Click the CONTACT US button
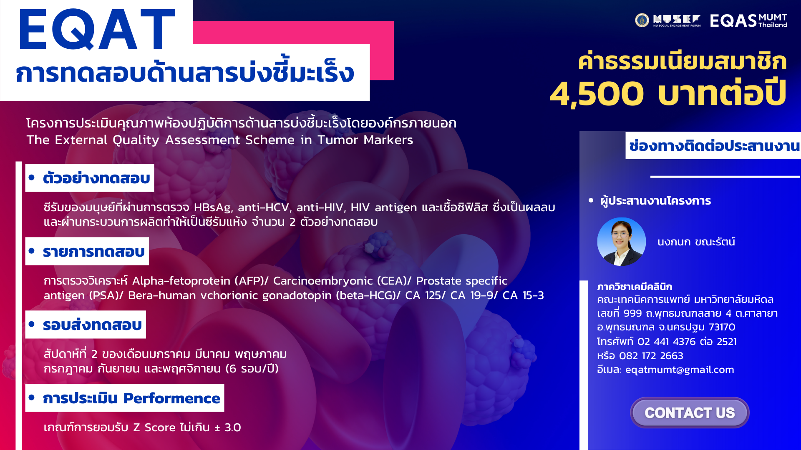pyautogui.click(x=690, y=412)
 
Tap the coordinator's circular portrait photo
pyautogui.click(x=621, y=242)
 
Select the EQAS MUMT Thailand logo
pyautogui.click(x=748, y=20)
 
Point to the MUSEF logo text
pyautogui.click(x=677, y=20)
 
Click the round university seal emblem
pyautogui.click(x=642, y=20)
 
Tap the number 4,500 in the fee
pyautogui.click(x=597, y=93)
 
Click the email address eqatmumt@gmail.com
pyautogui.click(x=680, y=370)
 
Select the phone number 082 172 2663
pyautogui.click(x=651, y=356)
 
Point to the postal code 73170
pyautogui.click(x=722, y=327)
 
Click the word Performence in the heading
pyautogui.click(x=172, y=398)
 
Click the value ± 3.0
pyautogui.click(x=228, y=427)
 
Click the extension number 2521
pyautogui.click(x=727, y=342)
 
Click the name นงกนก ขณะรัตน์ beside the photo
pyautogui.click(x=696, y=242)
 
